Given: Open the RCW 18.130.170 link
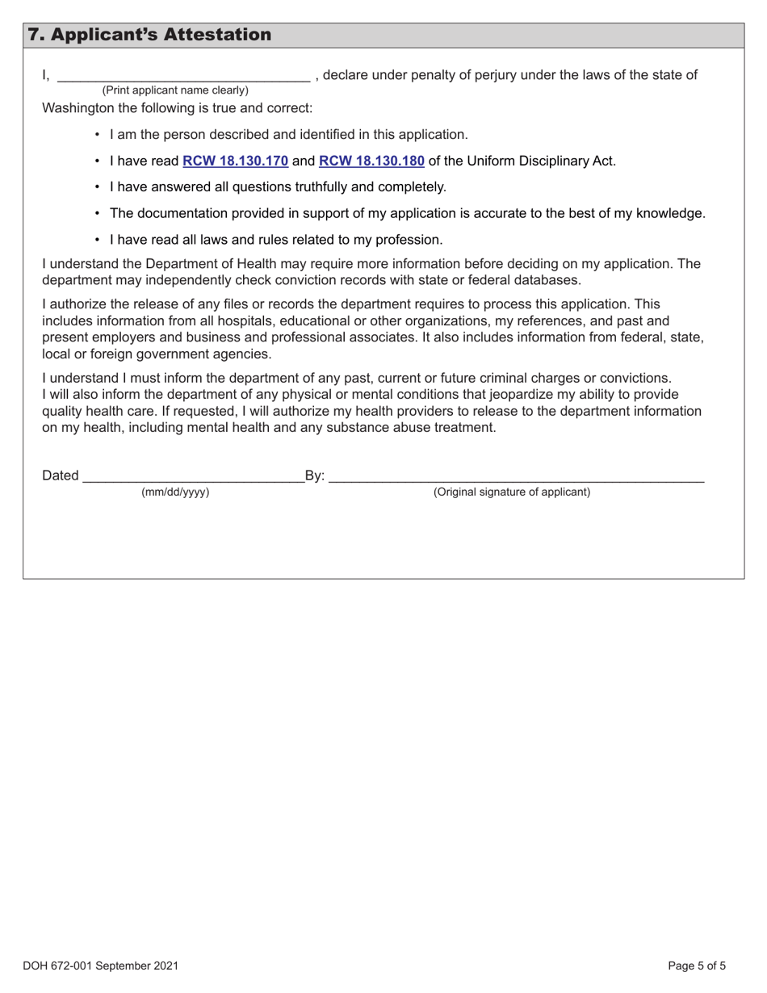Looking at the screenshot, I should click(x=235, y=161).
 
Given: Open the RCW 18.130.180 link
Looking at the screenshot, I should click(x=371, y=161).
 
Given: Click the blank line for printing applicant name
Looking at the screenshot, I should click(x=183, y=78).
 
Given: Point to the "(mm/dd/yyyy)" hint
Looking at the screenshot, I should click(x=175, y=492).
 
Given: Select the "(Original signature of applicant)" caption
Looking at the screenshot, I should click(x=512, y=492).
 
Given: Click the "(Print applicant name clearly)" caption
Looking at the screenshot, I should click(x=175, y=90).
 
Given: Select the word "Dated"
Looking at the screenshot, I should click(x=61, y=476).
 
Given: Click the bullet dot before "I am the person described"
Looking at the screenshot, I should click(x=97, y=135).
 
